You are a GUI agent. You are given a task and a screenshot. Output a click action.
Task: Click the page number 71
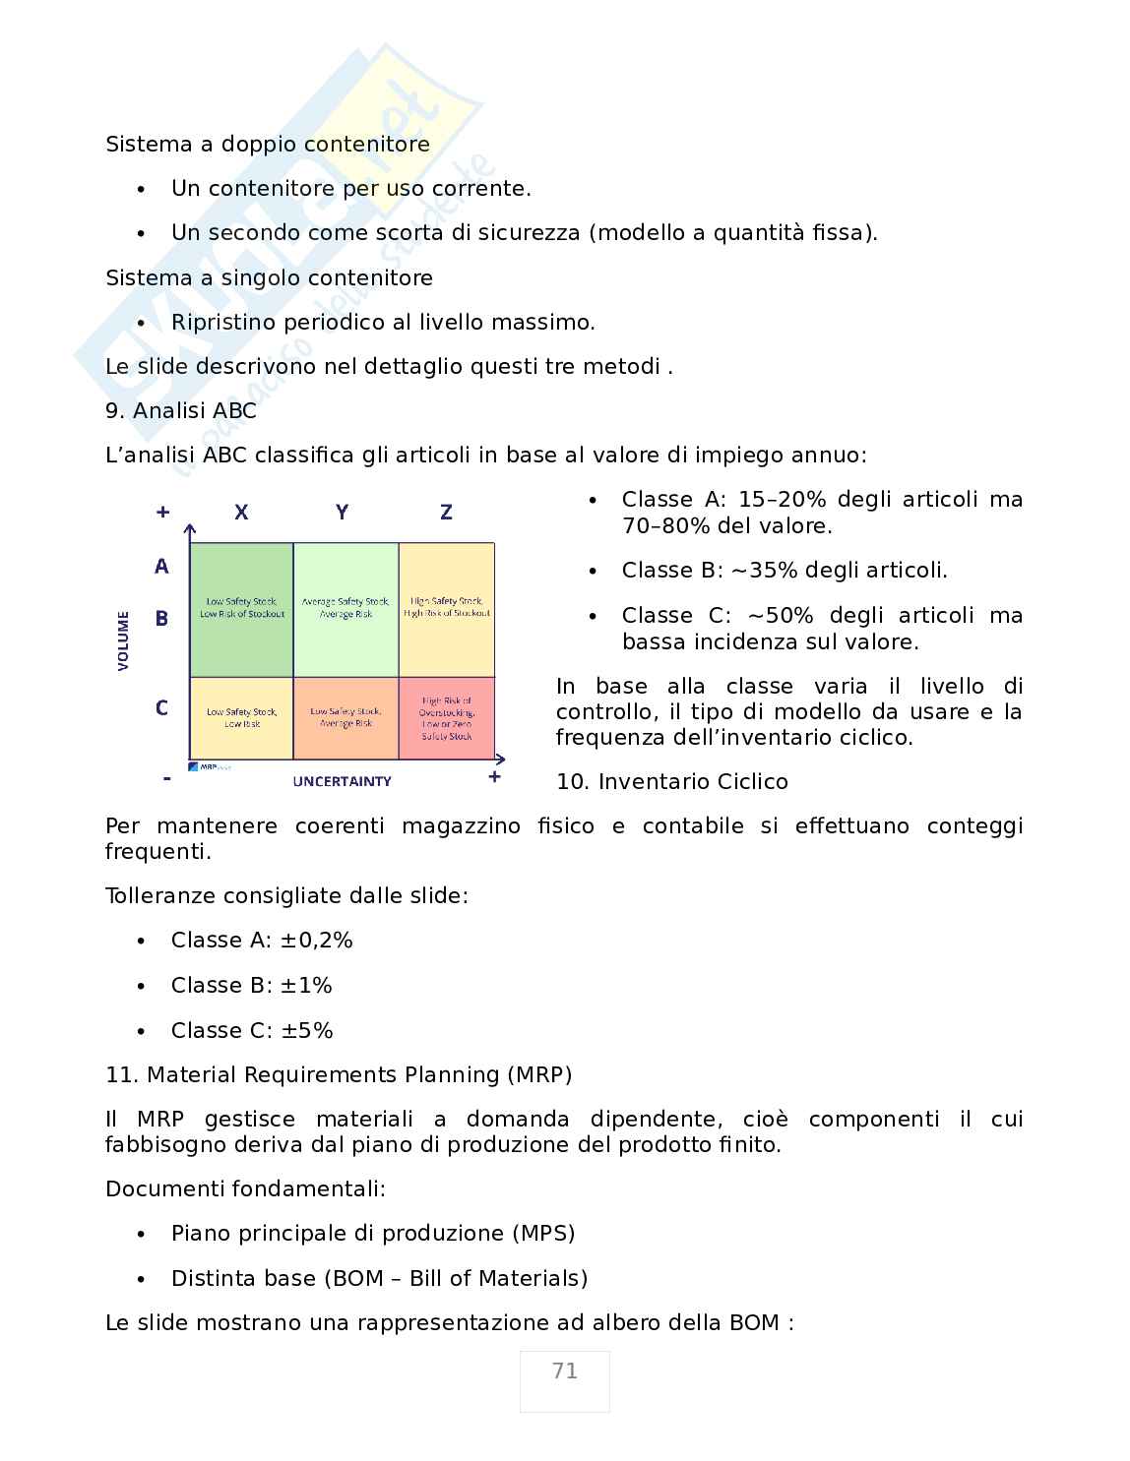click(564, 1370)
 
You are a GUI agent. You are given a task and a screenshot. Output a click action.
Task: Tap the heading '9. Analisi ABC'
click(181, 410)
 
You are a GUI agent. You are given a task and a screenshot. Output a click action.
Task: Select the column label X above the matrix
click(241, 512)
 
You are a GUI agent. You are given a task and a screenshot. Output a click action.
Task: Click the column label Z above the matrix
click(446, 512)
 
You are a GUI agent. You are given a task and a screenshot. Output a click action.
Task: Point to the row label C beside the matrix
click(161, 707)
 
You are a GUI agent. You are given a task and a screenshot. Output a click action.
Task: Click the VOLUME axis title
click(124, 640)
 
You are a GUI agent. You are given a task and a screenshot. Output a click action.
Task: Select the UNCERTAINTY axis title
click(342, 781)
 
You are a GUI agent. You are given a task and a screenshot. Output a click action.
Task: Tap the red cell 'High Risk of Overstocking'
click(446, 718)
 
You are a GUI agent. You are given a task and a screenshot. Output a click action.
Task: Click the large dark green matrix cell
click(241, 609)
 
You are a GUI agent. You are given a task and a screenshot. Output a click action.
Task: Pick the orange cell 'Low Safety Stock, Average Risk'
click(345, 717)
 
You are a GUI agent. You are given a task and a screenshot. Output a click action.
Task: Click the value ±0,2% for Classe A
click(316, 940)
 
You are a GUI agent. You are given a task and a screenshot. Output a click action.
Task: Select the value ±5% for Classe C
click(307, 1030)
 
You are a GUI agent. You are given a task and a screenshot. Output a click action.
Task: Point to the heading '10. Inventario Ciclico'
click(672, 781)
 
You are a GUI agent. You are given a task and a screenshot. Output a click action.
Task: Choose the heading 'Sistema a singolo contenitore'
click(269, 277)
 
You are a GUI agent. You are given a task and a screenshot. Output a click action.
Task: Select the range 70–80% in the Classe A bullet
click(665, 525)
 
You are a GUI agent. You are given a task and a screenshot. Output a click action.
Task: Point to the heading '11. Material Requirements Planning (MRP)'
click(339, 1074)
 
